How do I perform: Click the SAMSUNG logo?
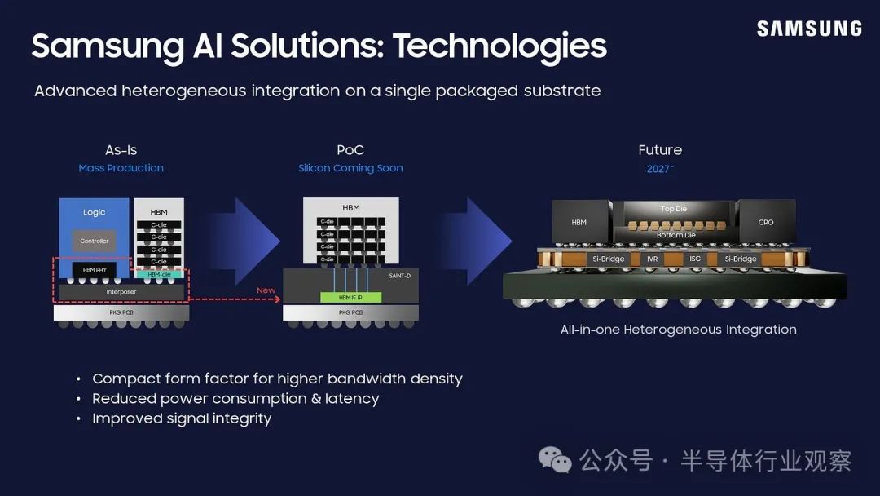point(808,29)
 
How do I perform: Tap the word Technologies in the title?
point(499,46)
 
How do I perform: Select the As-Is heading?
point(121,150)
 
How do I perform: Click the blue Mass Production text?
point(121,168)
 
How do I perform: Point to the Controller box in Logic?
point(94,241)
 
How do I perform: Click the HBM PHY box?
point(94,270)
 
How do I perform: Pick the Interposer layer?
point(121,291)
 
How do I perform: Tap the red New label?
point(266,290)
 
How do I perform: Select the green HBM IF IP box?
point(350,298)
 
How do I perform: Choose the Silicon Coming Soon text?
point(350,168)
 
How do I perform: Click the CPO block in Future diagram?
point(765,222)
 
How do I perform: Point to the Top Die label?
point(673,209)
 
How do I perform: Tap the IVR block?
point(652,259)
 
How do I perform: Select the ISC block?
point(694,259)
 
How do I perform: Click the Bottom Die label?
point(676,235)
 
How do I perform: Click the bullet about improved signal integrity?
point(182,418)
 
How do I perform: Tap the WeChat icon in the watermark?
point(556,460)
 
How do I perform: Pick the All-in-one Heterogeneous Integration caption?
point(678,330)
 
